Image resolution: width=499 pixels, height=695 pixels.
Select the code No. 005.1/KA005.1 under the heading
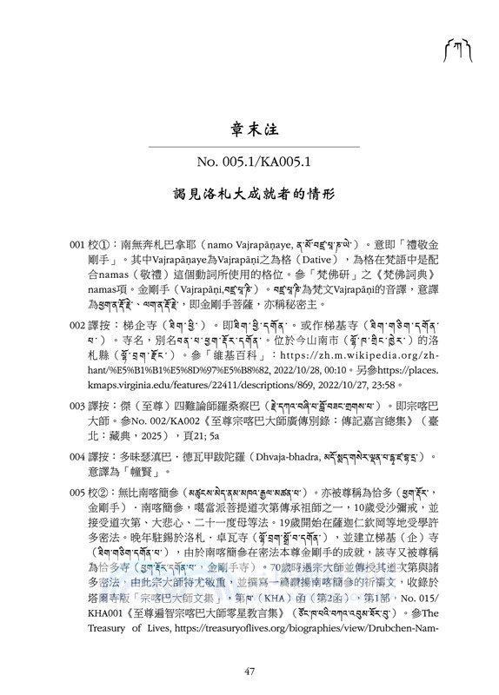(249, 162)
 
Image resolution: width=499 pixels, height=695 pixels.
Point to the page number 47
(249, 670)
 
